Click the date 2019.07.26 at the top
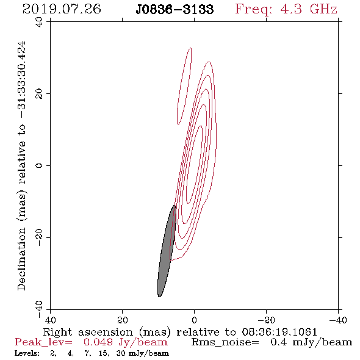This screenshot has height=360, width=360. coord(62,9)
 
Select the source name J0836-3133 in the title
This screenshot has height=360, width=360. coord(175,9)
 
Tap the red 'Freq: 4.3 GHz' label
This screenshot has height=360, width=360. coord(286,9)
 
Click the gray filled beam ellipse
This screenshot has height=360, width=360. coord(167,251)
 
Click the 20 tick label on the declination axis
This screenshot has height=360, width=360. coord(39,94)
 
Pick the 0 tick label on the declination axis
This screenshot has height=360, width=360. coord(39,165)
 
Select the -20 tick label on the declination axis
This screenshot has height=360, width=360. coord(39,237)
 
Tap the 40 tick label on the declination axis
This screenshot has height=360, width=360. coord(39,22)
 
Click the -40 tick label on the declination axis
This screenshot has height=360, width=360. coord(39,309)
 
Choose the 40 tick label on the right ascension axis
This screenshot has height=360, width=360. coord(50,320)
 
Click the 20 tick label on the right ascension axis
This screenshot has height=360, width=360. coord(122,320)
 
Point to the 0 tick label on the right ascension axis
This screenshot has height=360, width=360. coord(194,320)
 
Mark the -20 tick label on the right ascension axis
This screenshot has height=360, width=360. coord(266,320)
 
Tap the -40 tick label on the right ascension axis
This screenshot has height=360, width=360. coord(338,320)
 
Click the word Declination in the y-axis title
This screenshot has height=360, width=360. coord(21,259)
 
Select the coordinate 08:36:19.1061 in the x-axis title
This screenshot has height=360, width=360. coord(279,332)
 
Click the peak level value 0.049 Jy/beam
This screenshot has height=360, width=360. coord(125,342)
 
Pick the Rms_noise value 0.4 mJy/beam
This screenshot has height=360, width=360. coord(311,342)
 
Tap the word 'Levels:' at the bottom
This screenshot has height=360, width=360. coord(27,353)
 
